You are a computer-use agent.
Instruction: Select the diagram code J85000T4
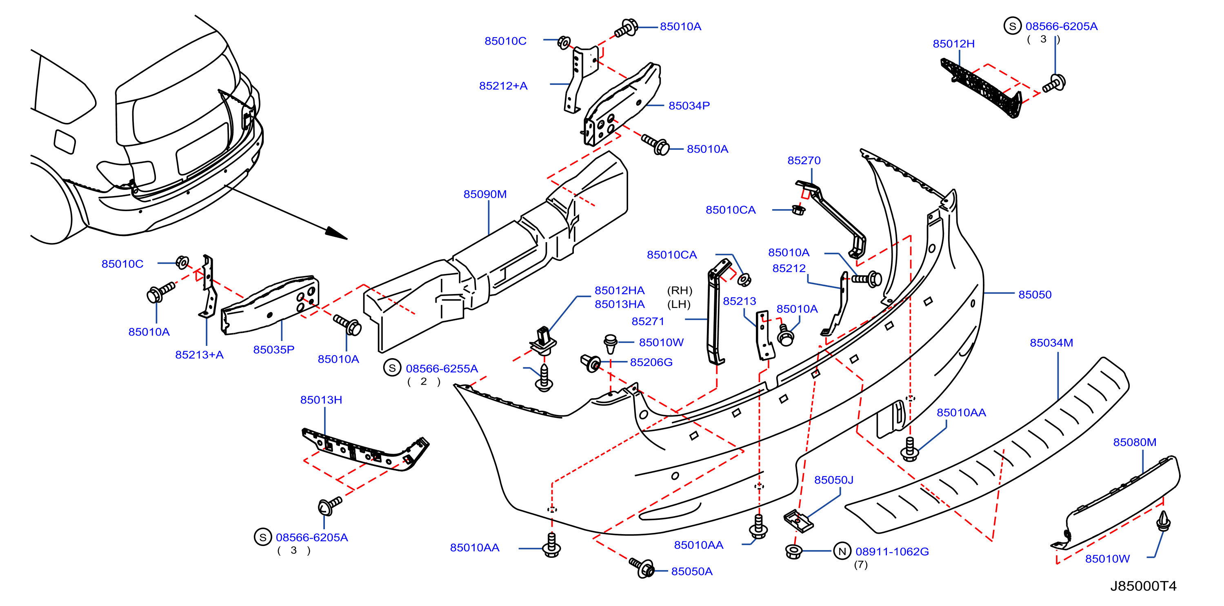[1143, 586]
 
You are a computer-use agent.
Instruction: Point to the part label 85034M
[1051, 342]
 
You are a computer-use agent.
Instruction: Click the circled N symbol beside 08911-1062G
[842, 551]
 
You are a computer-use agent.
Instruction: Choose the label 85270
[804, 160]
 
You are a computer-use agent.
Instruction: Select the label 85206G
[651, 362]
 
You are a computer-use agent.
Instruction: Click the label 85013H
[321, 399]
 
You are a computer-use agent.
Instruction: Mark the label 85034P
[689, 105]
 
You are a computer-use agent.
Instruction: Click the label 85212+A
[503, 86]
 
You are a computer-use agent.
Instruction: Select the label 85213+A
[199, 354]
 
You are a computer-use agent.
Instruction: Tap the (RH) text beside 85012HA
[680, 290]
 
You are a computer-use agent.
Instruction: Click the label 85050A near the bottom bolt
[691, 571]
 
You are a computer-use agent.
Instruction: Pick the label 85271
[648, 321]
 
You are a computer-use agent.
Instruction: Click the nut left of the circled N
[793, 551]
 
